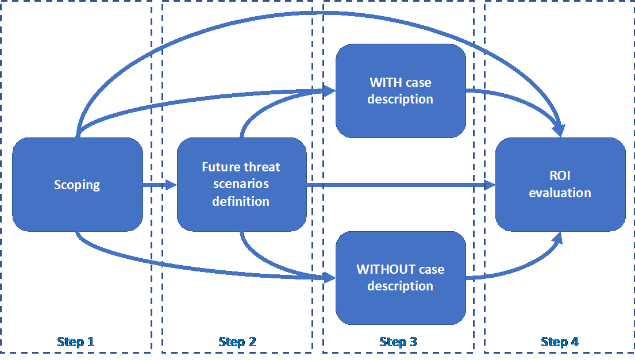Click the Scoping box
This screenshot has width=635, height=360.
[77, 185]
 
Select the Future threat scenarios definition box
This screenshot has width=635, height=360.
[241, 184]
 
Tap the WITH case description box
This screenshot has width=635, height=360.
[400, 91]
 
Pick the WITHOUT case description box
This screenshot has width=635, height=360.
[400, 278]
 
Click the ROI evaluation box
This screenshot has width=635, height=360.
[560, 185]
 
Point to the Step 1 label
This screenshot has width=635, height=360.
[76, 342]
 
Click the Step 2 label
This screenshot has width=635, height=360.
[237, 342]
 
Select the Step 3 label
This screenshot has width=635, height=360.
[398, 342]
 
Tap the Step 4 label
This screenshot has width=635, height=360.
[559, 342]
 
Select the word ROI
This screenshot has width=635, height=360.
[560, 177]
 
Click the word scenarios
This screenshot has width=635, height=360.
[241, 185]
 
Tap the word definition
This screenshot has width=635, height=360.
[241, 201]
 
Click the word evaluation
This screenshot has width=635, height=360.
[560, 193]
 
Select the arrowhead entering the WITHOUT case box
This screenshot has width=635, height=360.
[330, 278]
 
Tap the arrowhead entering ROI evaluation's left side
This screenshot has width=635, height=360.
[490, 185]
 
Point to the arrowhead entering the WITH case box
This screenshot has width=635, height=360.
[330, 90]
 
